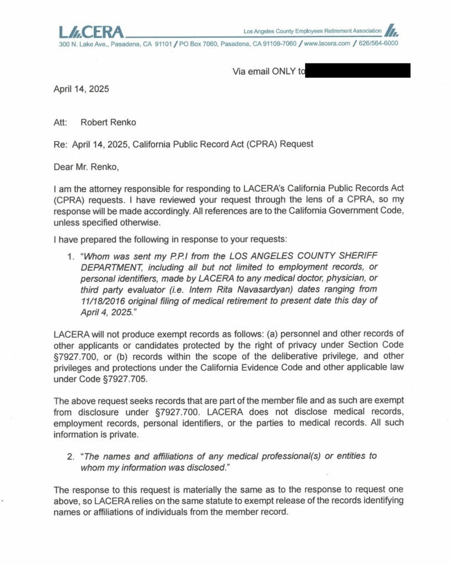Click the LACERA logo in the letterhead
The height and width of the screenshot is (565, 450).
[92, 32]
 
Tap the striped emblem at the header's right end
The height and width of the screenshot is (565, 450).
[391, 30]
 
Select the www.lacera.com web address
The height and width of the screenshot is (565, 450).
[327, 44]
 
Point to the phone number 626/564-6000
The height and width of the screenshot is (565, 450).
[378, 44]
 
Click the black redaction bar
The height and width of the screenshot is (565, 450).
[358, 71]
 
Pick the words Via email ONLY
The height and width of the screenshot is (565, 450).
[265, 71]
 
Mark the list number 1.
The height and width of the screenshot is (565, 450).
[70, 257]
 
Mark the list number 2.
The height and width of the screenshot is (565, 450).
[70, 456]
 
